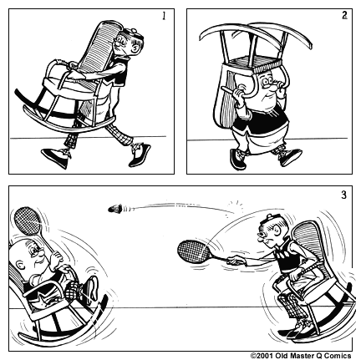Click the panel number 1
pyautogui.click(x=163, y=16)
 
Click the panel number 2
pyautogui.click(x=343, y=16)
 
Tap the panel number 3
pyautogui.click(x=343, y=196)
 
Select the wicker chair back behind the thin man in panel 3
pyautogui.click(x=310, y=242)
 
